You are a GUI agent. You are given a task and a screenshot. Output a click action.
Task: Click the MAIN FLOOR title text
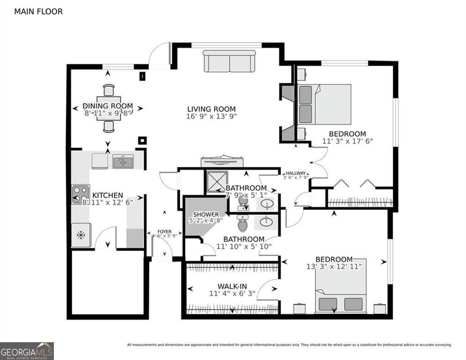38,11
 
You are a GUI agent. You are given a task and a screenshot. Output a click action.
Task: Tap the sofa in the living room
229,61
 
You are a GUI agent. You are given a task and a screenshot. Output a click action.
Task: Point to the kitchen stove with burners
80,194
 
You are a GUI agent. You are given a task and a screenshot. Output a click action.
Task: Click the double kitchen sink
123,162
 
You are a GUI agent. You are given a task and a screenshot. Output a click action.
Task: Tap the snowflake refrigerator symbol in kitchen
81,235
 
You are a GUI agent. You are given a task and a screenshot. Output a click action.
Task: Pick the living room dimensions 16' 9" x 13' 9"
211,116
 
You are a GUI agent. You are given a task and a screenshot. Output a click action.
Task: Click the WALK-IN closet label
232,286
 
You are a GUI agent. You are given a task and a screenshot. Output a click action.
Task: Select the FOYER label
164,232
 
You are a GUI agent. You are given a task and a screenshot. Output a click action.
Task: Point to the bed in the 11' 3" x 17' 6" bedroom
325,104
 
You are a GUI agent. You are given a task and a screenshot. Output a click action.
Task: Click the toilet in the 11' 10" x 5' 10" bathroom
243,225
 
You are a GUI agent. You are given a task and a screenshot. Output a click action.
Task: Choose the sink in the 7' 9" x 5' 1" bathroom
266,204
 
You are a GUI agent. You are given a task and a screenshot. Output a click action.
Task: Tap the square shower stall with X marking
216,181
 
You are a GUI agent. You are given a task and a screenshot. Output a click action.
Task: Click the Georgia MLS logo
27,351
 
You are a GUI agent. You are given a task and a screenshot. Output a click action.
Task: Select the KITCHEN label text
107,195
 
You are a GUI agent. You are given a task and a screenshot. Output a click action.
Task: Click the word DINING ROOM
108,106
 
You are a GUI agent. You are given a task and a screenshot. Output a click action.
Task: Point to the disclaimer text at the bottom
289,345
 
